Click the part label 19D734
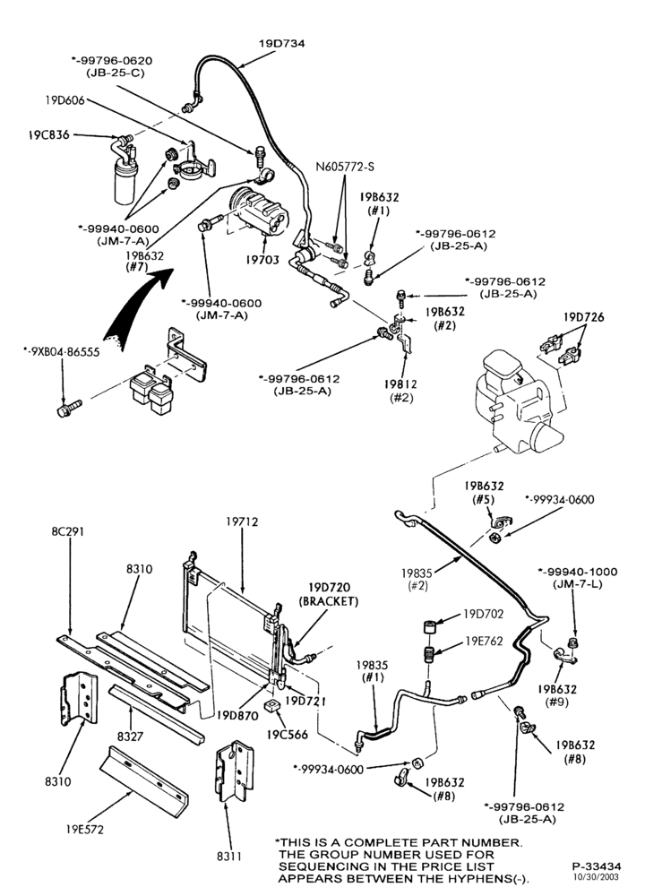281,43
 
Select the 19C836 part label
48,135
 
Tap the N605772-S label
345,167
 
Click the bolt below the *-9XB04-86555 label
69,408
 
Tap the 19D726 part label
584,316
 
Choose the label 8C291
67,531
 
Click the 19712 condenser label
242,521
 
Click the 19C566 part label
288,735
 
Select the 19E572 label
84,829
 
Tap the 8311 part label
228,857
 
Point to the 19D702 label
484,615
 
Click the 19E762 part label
484,642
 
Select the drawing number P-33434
597,866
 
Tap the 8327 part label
130,737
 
